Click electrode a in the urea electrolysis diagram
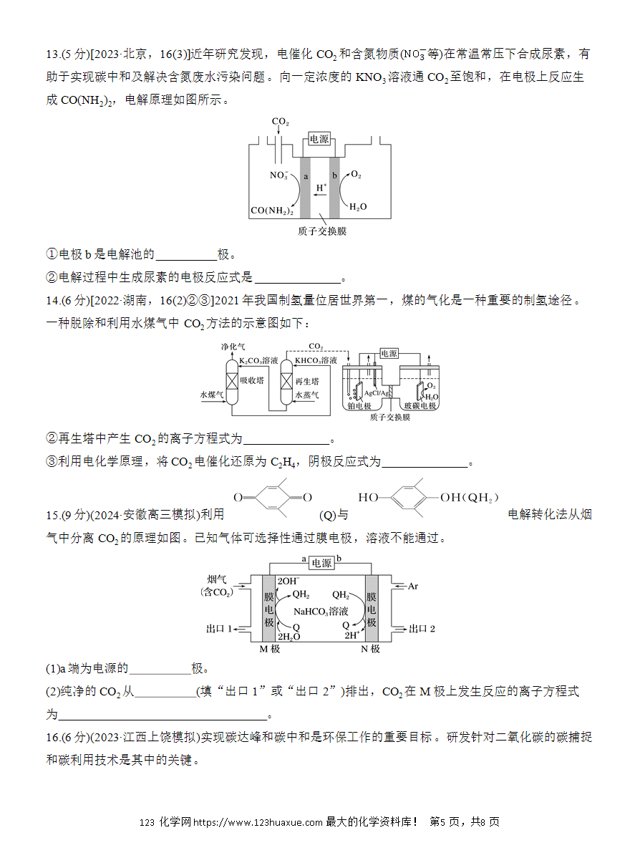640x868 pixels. pos(305,188)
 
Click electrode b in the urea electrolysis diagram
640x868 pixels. pos(334,188)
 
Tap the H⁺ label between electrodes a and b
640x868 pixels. pos(321,188)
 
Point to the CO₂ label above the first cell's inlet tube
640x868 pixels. pos(280,121)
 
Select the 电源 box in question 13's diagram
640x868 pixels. pos(319,139)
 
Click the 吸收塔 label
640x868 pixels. pos(252,380)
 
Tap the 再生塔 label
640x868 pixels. pos(307,381)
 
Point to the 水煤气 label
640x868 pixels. pos(211,395)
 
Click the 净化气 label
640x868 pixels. pos(233,347)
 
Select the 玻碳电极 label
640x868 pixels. pos(420,405)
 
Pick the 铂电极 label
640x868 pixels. pos(359,405)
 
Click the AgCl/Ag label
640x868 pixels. pos(377,393)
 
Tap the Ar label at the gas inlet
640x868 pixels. pos(412,586)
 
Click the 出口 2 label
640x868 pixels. pos(422,629)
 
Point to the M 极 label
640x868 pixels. pos(270,649)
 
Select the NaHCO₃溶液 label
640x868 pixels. pos(321,611)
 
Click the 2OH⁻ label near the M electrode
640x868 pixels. pos(288,581)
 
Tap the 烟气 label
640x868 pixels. pos(217,579)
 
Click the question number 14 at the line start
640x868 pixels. pos(52,300)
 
